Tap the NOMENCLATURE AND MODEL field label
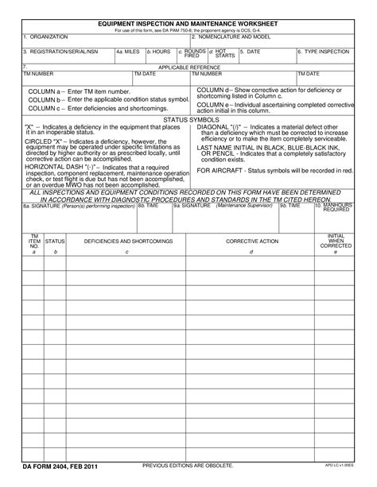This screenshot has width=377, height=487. [x=235, y=37]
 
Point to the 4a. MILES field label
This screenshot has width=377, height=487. [x=128, y=51]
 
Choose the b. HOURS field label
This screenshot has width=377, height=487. [x=159, y=51]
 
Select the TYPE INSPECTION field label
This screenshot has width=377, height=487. [x=325, y=51]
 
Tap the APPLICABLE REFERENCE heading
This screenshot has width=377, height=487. [x=188, y=68]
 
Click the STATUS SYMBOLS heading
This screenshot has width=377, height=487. [x=188, y=119]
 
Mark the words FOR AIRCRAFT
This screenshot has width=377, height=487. [x=221, y=171]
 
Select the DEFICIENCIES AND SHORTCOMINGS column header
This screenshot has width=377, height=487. [x=127, y=240]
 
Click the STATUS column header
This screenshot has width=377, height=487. [x=56, y=240]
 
